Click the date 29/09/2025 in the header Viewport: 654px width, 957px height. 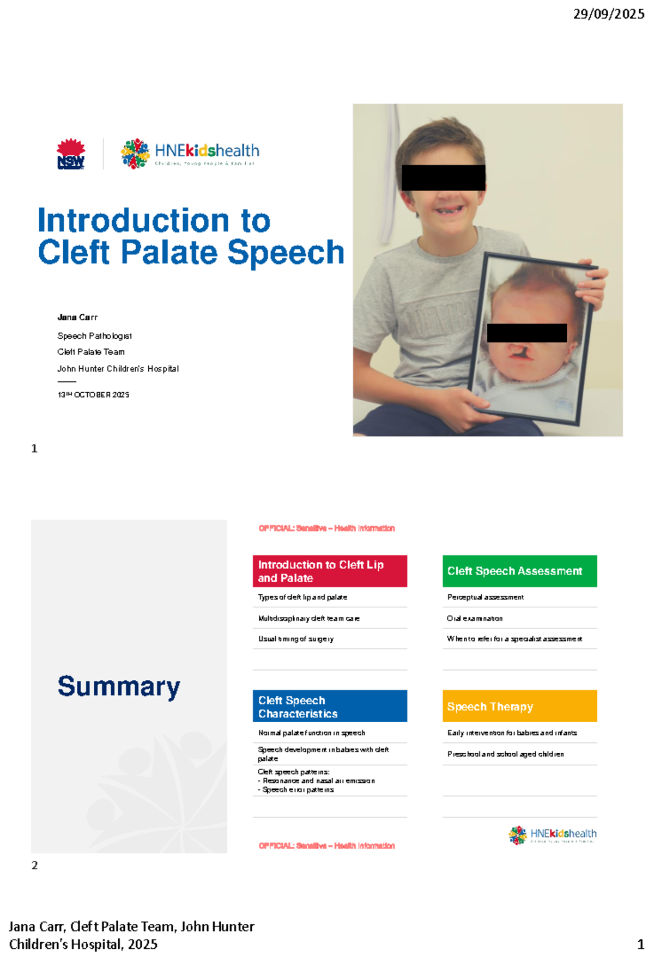(608, 14)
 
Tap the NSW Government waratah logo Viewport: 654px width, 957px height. (71, 154)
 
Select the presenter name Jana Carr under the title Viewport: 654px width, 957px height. (77, 317)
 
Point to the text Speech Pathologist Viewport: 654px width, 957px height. (94, 336)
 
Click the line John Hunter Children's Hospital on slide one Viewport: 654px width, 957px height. (118, 369)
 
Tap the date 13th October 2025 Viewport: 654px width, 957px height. (93, 395)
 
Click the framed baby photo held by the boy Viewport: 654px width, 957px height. (531, 338)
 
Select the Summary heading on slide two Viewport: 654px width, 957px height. (119, 686)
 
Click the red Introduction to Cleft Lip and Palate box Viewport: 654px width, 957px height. (330, 571)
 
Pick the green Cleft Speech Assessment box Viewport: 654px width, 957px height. (519, 571)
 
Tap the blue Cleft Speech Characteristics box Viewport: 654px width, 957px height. (330, 706)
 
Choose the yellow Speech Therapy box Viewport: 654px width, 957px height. (519, 706)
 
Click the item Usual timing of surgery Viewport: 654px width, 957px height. (296, 639)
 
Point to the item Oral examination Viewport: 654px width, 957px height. (475, 618)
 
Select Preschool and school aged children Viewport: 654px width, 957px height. (505, 754)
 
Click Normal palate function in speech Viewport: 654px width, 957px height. (311, 733)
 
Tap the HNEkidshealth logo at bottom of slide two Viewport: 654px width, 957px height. (553, 834)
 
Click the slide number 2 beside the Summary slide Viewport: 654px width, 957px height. (34, 865)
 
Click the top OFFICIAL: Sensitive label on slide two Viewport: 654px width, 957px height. (326, 528)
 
